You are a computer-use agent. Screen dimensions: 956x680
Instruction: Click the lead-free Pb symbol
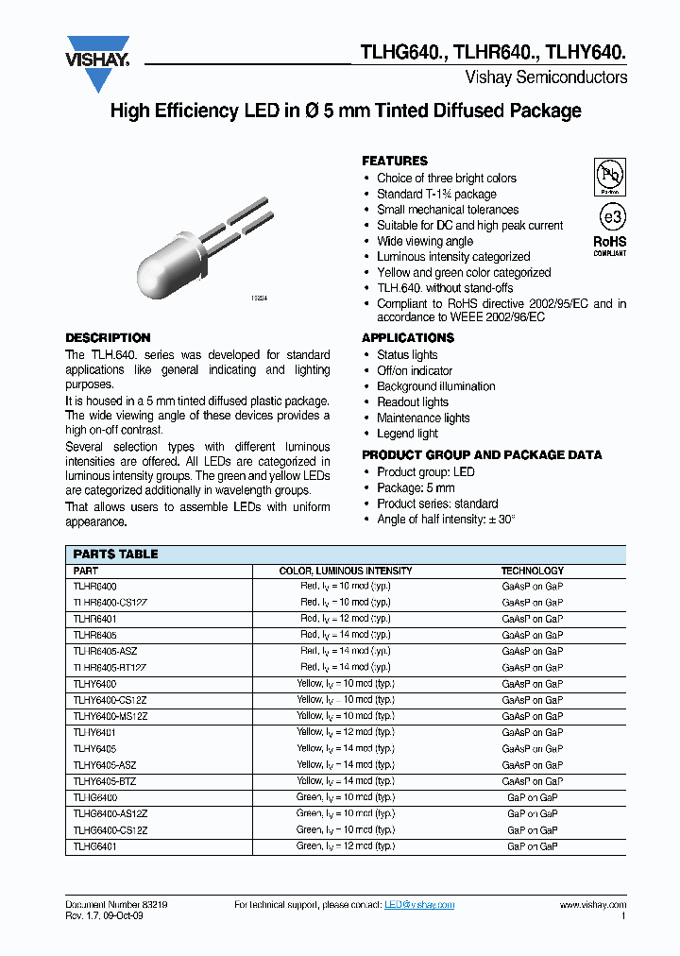[x=609, y=177]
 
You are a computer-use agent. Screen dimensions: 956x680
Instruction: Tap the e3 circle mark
[x=610, y=216]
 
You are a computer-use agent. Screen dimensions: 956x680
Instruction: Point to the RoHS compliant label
[x=610, y=246]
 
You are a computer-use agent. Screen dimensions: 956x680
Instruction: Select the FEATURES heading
[x=395, y=161]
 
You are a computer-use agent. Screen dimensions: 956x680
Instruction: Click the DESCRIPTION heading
[x=108, y=338]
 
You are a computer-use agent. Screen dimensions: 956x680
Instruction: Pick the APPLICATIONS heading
[x=408, y=338]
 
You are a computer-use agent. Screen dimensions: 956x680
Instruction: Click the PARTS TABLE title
[x=115, y=555]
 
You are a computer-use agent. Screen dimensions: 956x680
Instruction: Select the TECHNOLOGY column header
[x=533, y=571]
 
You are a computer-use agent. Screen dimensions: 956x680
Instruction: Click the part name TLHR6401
[x=94, y=619]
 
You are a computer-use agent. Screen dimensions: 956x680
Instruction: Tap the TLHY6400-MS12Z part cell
[x=110, y=716]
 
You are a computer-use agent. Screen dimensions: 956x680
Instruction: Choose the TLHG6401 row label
[x=94, y=846]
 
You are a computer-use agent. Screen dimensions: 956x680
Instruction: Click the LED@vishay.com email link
[x=419, y=905]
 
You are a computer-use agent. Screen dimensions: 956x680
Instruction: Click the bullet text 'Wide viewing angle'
[x=425, y=241]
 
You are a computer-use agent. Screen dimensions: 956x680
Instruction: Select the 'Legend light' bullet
[x=407, y=434]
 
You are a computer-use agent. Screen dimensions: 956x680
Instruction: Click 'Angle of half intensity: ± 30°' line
[x=446, y=520]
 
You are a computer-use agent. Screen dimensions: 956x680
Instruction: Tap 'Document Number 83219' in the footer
[x=116, y=905]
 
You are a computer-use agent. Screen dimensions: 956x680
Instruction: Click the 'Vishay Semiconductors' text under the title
[x=546, y=77]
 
